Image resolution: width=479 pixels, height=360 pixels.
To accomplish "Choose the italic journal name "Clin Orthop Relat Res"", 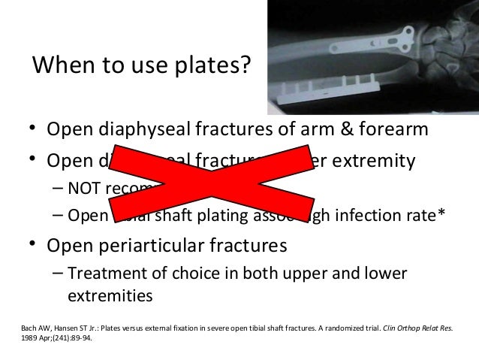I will point(421,328).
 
